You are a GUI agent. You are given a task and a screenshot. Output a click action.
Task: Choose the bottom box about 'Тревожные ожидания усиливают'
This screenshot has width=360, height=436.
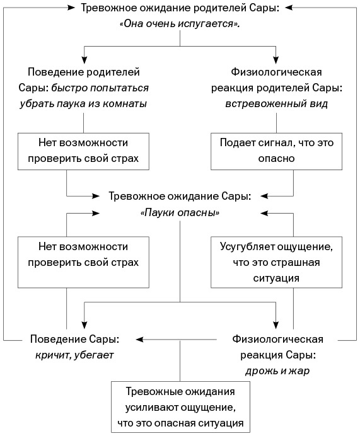[180, 406]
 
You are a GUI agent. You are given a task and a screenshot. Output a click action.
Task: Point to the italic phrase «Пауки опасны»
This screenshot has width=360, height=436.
[180, 213]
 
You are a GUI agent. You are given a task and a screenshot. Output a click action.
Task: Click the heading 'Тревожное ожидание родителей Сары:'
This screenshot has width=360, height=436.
[180, 8]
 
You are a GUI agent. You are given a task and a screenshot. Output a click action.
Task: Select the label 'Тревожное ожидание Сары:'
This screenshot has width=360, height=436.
[180, 197]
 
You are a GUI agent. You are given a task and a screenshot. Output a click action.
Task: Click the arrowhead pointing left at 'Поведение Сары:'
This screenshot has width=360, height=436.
[141, 340]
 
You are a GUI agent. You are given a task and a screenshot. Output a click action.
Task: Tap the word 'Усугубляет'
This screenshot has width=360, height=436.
[247, 245]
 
